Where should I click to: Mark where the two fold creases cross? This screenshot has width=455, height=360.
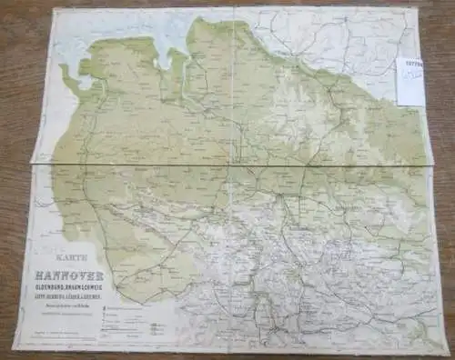236,164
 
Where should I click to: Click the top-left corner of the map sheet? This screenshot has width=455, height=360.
56,9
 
